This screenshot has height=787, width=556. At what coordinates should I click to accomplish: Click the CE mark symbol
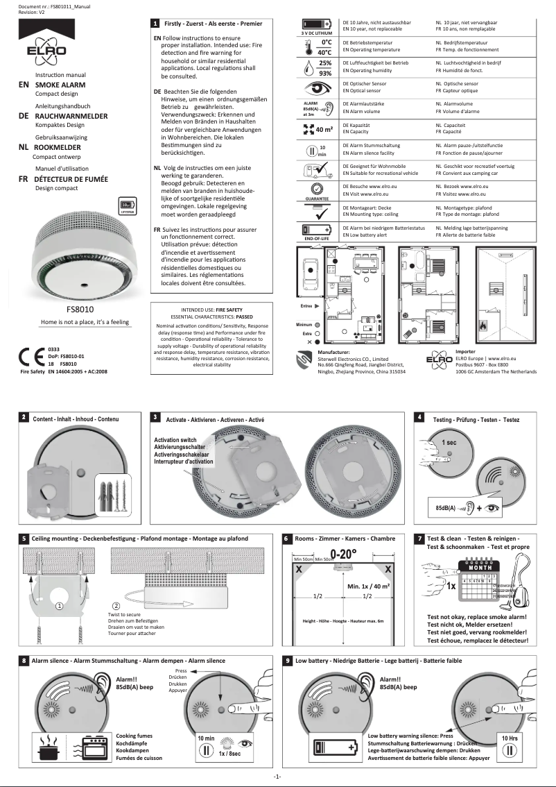click(x=30, y=355)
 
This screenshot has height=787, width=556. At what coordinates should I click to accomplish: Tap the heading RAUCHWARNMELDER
click(x=71, y=117)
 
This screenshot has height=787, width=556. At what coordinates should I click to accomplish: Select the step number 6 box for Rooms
click(x=288, y=538)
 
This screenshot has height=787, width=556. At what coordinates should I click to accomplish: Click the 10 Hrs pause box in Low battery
click(x=510, y=746)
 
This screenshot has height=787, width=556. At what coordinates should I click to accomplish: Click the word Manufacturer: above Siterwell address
click(x=334, y=352)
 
